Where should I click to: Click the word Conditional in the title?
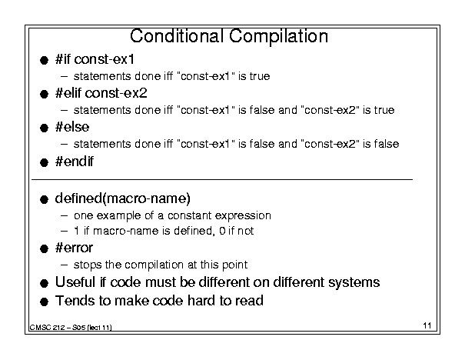click(x=177, y=36)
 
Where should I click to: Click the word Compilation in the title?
click(x=278, y=37)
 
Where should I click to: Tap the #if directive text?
click(x=63, y=59)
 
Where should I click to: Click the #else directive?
click(x=72, y=127)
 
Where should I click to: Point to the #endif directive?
click(x=74, y=162)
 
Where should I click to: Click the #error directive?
click(x=74, y=248)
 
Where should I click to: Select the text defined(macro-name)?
click(x=122, y=198)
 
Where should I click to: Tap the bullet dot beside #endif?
click(x=44, y=162)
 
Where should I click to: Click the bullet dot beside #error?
click(x=44, y=248)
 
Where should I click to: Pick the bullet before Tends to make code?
click(x=44, y=302)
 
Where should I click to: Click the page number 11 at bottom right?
click(x=427, y=325)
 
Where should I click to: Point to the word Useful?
click(x=75, y=282)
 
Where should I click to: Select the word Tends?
click(x=75, y=300)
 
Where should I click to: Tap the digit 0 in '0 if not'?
click(x=222, y=231)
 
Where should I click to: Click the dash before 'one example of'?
click(x=64, y=215)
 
